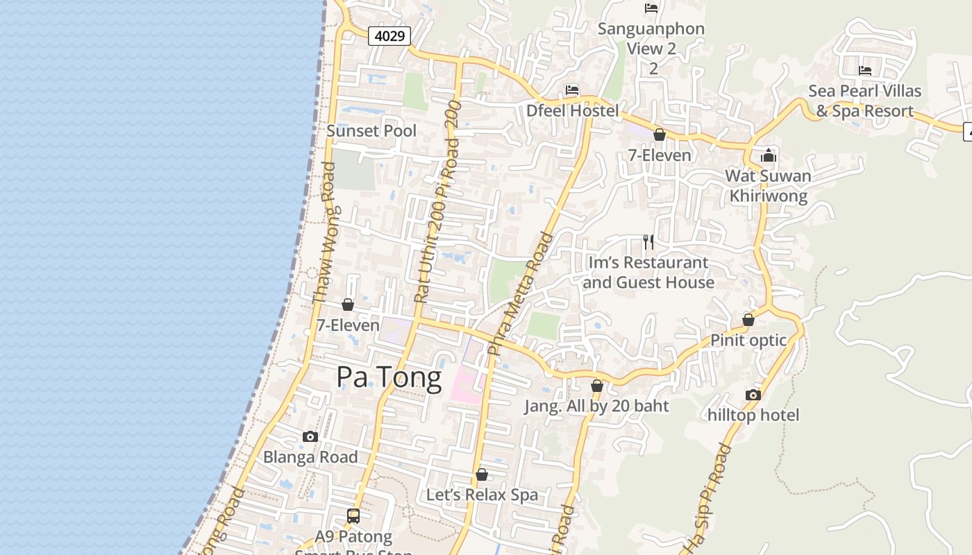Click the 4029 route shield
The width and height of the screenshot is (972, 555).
point(389,35)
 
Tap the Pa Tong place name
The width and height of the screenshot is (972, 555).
point(389,377)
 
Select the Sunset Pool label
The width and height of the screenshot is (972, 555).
point(371,130)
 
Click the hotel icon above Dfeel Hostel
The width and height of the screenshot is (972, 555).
point(572,90)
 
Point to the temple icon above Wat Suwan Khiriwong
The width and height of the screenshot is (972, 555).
point(769,155)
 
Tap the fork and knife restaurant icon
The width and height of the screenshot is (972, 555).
point(648,242)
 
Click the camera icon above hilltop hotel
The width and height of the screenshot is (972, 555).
point(753,395)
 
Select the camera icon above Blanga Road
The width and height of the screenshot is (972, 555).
point(310,437)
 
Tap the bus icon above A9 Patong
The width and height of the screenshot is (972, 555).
point(353,516)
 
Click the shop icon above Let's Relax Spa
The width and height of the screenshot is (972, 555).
point(482,475)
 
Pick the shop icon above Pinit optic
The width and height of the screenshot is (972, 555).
point(748,320)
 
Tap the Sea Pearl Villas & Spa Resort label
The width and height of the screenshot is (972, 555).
point(864,101)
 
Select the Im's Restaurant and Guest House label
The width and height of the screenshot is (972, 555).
point(648,272)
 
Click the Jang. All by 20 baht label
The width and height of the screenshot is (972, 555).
point(596,406)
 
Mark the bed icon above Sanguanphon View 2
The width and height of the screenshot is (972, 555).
point(651,8)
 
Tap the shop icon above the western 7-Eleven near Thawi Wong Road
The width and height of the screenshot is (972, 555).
point(348,305)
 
